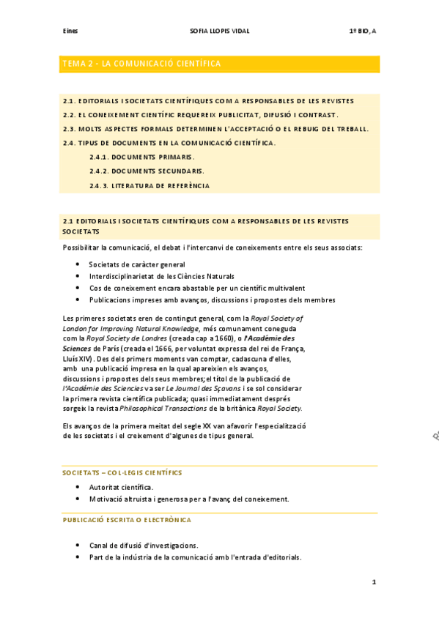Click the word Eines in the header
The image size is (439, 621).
coord(70,31)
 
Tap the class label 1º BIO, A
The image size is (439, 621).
coord(364,31)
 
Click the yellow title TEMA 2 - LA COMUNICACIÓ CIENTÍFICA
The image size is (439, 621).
coord(142,64)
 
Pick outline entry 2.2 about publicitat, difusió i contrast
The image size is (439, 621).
coord(201,115)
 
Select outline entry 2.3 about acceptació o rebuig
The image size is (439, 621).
coord(215,129)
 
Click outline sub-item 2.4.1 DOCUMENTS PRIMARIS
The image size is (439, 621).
coord(142,157)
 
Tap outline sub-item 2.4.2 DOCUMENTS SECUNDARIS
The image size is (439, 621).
coord(147,171)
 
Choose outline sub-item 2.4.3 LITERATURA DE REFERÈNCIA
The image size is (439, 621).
coord(150,186)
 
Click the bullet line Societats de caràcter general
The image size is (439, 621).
coord(136,264)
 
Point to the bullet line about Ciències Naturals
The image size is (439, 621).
coord(161,276)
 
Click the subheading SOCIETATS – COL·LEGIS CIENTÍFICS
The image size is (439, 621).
coord(122,473)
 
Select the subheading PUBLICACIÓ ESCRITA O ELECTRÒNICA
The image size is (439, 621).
coord(127,520)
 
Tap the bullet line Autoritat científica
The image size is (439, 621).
coord(121,487)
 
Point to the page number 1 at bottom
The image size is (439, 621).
coord(374,583)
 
